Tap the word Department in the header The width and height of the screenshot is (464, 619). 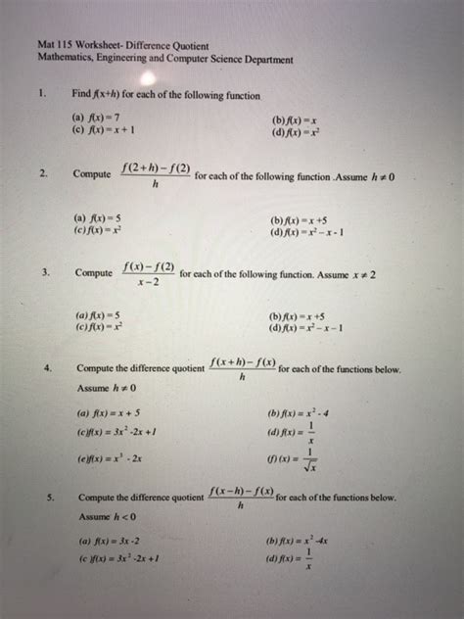tap(264, 60)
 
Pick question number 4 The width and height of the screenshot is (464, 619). tap(48, 369)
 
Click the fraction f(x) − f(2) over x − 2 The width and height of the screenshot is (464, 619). tap(150, 274)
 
